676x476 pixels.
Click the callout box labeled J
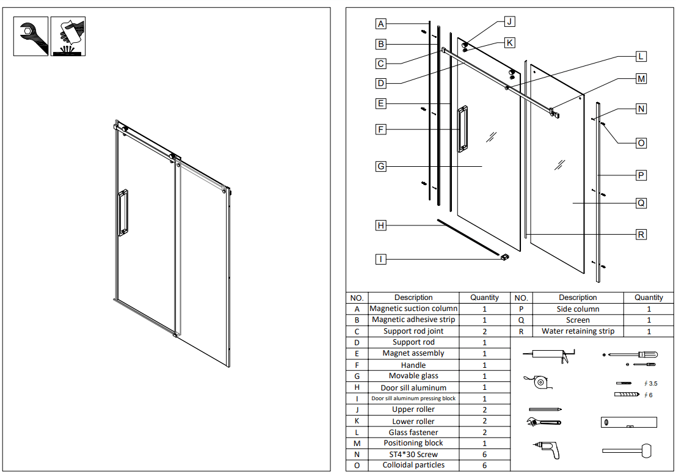[x=509, y=22]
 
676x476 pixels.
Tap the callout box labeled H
[x=381, y=225]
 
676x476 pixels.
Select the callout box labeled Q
[x=641, y=203]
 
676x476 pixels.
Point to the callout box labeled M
[x=641, y=79]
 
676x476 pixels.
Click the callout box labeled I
[x=381, y=259]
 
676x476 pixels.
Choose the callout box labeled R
[x=641, y=234]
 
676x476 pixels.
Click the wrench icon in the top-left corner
[x=31, y=37]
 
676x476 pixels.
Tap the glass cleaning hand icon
[x=67, y=37]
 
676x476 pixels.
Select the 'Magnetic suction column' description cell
[x=413, y=309]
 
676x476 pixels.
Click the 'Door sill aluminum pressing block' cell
[x=413, y=398]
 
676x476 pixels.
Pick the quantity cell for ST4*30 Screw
[x=484, y=454]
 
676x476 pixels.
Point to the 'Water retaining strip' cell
[x=578, y=331]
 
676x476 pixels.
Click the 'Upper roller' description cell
[x=413, y=409]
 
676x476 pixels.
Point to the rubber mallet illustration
[x=627, y=450]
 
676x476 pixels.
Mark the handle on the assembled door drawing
[x=123, y=213]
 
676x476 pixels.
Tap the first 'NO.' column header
[x=357, y=298]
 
